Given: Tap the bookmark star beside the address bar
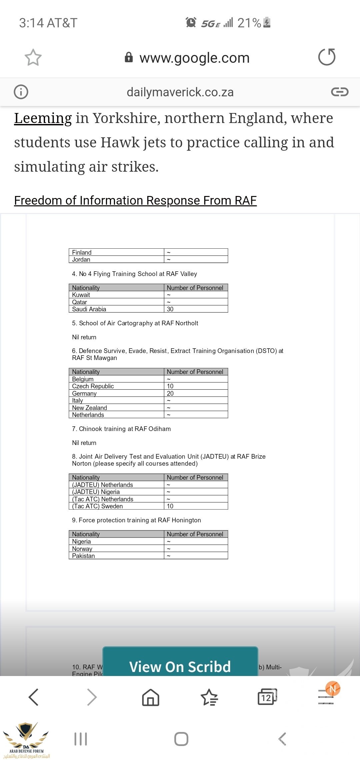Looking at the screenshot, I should click(33, 57).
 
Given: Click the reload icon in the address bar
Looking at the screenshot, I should click(327, 57).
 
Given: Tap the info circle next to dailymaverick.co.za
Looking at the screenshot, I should click(21, 92).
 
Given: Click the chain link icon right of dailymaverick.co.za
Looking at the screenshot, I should click(339, 92).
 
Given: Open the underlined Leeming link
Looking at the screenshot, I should click(43, 118).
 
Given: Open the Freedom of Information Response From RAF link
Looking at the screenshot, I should click(135, 201).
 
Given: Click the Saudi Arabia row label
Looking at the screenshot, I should click(89, 309).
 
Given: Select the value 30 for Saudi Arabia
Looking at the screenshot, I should click(170, 309).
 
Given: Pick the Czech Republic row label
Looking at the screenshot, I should click(93, 386).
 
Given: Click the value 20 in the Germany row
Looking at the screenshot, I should click(170, 393).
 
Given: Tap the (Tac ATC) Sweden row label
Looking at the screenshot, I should click(97, 506).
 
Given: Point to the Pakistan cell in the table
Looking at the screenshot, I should click(83, 556).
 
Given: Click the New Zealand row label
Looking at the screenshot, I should click(89, 408).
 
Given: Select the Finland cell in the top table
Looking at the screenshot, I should click(82, 252).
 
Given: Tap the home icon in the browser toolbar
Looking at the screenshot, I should click(151, 697).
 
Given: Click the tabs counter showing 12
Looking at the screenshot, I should click(267, 697).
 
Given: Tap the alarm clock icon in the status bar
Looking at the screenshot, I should click(191, 22).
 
